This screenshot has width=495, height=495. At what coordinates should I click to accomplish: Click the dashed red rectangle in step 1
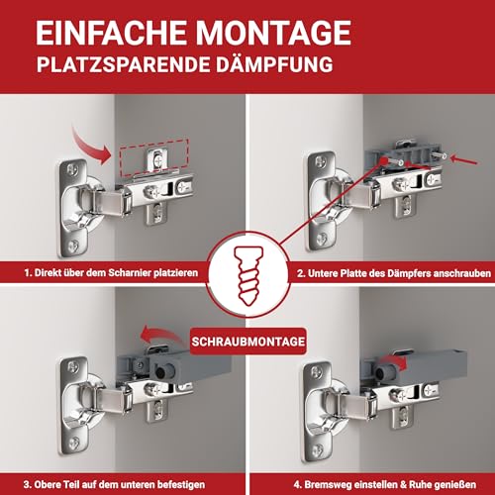click(152, 156)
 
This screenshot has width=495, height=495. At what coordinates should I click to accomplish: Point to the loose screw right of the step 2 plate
click(446, 156)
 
